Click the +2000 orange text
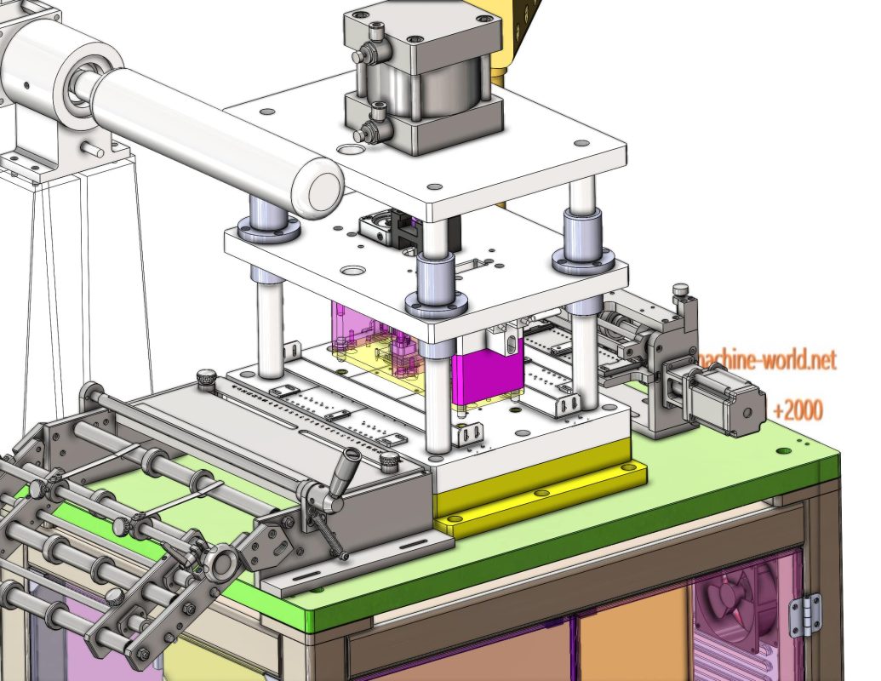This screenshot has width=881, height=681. coord(798,411)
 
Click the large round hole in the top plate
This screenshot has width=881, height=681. coord(348,149)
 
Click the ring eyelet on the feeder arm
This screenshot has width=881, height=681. coord(223,563)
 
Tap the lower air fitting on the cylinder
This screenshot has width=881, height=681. coord(371,129)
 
